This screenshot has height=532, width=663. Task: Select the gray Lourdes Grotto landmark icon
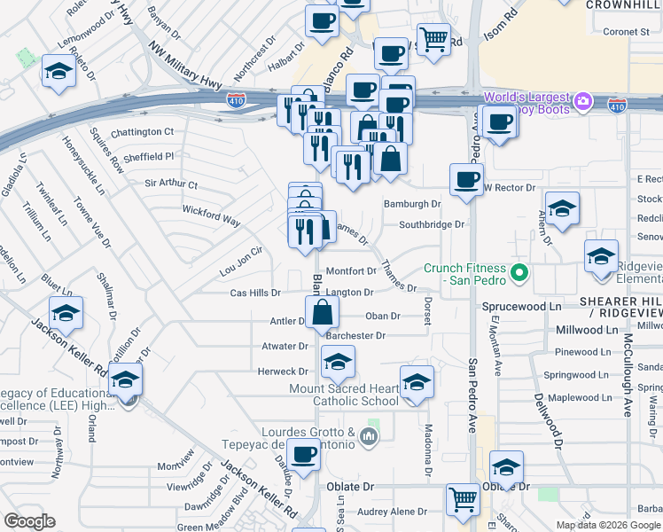(370, 435)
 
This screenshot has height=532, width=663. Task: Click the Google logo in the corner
(29, 521)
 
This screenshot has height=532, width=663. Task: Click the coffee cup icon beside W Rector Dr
(465, 179)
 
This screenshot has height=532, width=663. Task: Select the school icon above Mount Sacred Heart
(337, 362)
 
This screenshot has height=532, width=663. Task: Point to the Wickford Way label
(211, 215)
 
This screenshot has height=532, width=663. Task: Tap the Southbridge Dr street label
(432, 224)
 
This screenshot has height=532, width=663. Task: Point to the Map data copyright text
(607, 525)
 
